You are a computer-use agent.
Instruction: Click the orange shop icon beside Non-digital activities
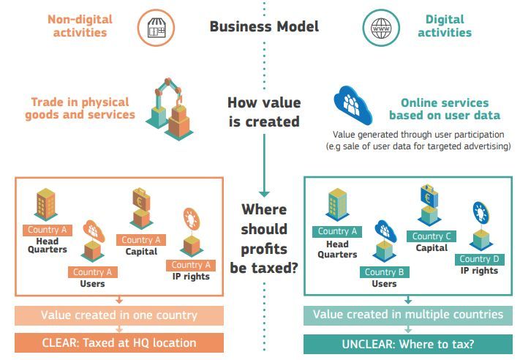point(154,29)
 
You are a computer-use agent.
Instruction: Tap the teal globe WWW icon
point(382,29)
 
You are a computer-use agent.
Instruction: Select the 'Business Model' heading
point(264,27)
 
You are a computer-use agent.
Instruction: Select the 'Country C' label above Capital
point(432,236)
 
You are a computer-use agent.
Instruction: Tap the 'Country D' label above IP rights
point(479,259)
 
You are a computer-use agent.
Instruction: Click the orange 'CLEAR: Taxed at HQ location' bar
point(118,342)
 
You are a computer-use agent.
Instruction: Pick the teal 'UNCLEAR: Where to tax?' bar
point(408,342)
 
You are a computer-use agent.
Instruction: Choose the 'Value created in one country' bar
point(118,315)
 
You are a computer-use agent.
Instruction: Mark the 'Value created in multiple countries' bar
point(408,315)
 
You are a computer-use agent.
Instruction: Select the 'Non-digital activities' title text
point(79,26)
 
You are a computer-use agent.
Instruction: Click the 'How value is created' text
point(263,111)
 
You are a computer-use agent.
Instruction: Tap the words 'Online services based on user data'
point(444,109)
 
